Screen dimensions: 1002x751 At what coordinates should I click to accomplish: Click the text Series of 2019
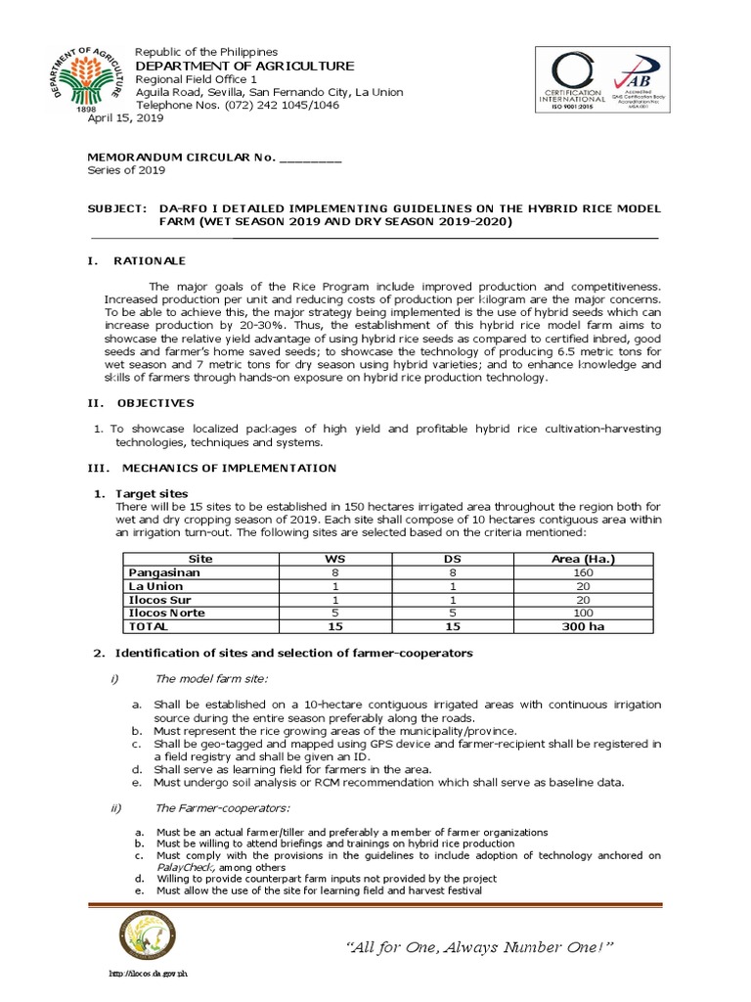126,169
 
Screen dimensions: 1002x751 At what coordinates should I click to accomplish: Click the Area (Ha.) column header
583,558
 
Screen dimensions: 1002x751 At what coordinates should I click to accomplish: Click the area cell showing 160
583,571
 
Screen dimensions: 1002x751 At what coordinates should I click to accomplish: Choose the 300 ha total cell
583,626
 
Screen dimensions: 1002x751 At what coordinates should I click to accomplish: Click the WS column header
335,558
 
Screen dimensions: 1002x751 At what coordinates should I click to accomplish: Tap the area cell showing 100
583,613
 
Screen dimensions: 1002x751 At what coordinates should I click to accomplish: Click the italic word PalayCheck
186,867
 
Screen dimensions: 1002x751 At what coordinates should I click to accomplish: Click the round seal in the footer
148,941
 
